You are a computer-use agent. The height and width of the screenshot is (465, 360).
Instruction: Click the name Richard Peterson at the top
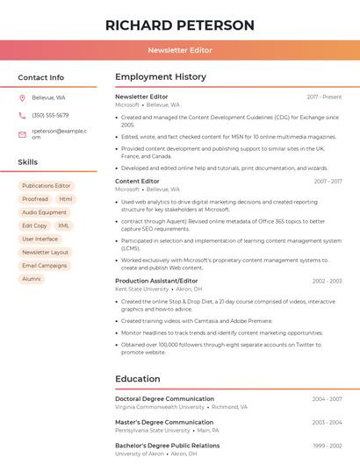click(179, 25)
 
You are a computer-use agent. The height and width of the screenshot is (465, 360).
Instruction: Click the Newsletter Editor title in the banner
click(179, 51)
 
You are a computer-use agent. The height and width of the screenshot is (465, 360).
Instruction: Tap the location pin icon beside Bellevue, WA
click(22, 98)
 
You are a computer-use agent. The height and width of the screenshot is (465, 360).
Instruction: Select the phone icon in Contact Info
click(22, 116)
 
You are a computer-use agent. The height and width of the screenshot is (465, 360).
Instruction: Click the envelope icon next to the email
click(22, 134)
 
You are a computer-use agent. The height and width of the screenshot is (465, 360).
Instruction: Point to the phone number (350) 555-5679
click(50, 116)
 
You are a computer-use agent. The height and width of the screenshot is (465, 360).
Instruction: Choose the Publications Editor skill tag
click(47, 186)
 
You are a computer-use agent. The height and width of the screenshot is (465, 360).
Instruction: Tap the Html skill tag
click(66, 199)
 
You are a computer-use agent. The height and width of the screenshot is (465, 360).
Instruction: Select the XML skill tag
click(63, 225)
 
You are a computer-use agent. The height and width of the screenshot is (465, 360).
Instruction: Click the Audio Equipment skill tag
click(44, 212)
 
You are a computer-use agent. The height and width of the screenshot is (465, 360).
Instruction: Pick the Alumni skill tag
click(32, 279)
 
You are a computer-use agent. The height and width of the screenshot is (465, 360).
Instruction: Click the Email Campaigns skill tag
click(45, 266)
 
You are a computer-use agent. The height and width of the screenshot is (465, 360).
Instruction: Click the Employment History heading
click(161, 77)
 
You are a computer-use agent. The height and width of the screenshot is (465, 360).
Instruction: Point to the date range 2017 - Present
click(324, 97)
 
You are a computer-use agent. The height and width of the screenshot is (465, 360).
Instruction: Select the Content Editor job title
click(137, 182)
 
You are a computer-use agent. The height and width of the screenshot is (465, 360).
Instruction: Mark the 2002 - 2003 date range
click(327, 282)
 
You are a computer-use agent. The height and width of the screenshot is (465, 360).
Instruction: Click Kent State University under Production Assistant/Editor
click(141, 289)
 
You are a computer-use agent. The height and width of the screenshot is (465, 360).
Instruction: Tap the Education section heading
click(138, 379)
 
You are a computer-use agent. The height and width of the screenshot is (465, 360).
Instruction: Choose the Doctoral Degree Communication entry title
click(164, 398)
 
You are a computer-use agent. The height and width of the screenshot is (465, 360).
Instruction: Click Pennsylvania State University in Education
click(152, 431)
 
